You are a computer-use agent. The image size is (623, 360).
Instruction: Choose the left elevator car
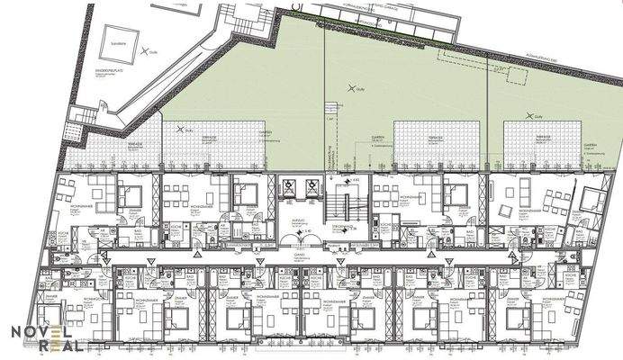point(289,189)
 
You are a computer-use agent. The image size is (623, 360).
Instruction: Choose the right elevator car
point(311,189)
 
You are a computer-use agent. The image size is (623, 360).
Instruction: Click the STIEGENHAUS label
point(342,227)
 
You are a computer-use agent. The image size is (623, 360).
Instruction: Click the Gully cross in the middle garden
point(352,87)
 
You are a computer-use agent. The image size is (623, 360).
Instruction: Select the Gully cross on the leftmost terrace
point(185,130)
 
